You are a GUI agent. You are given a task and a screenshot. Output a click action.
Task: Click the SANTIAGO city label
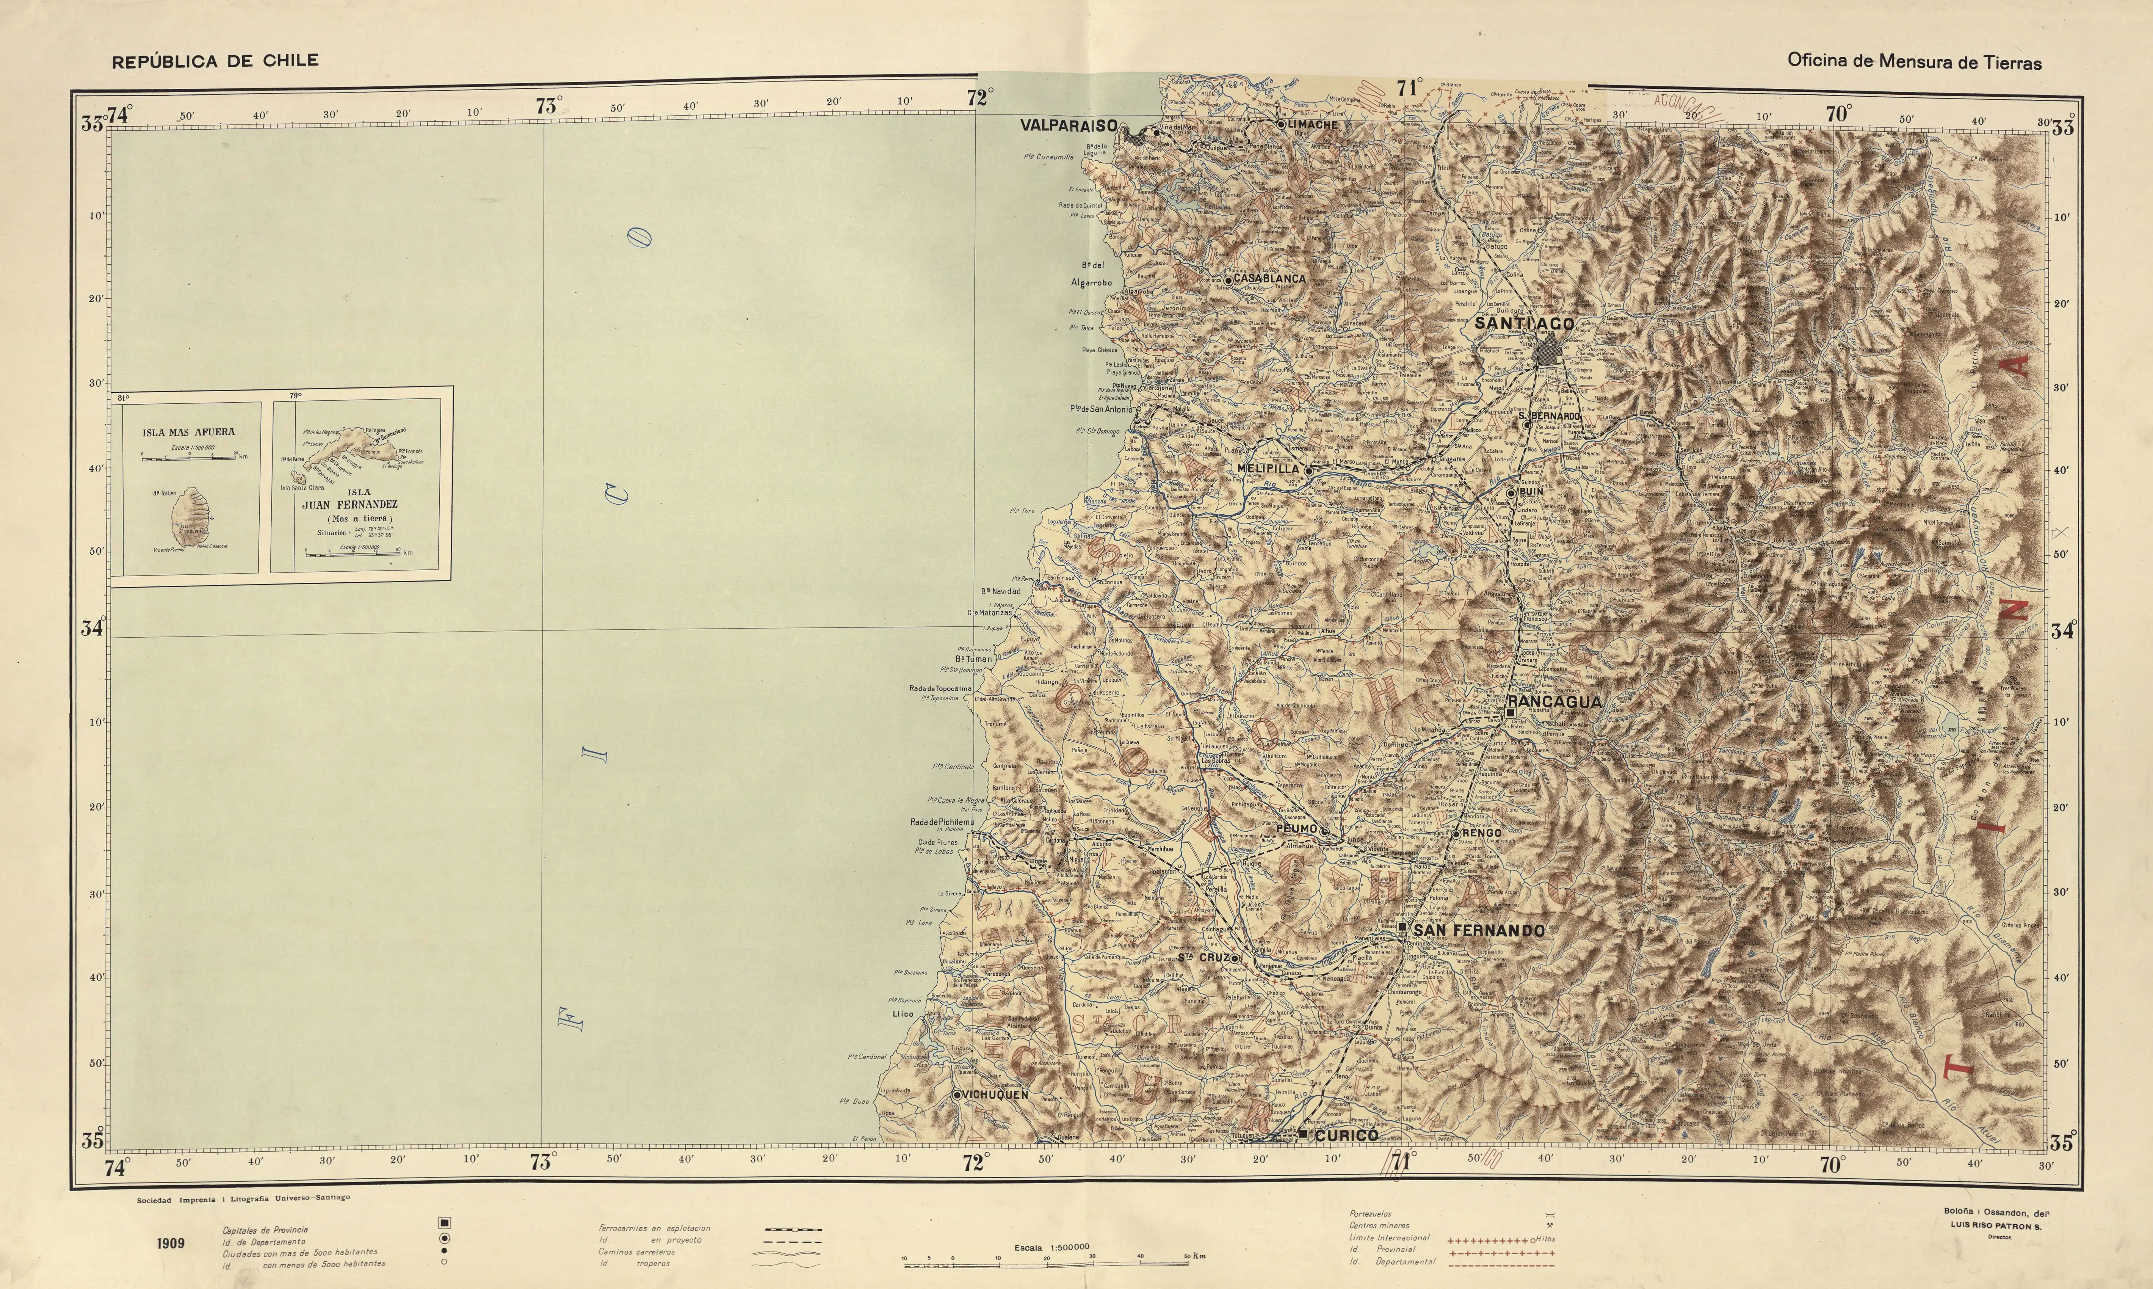(1524, 323)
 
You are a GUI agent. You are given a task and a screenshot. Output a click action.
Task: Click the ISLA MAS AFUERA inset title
(188, 432)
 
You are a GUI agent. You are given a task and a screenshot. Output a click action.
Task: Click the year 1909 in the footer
(171, 1243)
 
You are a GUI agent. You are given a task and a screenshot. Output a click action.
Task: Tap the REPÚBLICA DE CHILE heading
(215, 61)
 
